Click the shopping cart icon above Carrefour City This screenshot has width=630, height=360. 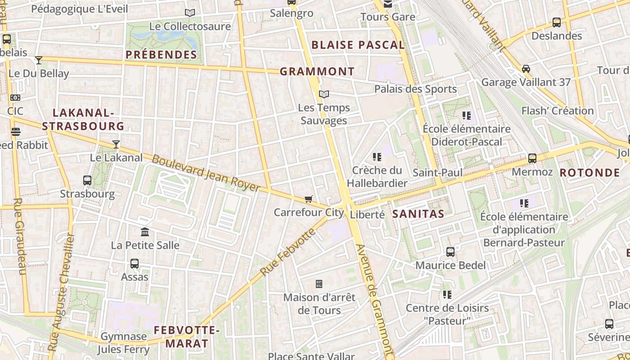[309, 199]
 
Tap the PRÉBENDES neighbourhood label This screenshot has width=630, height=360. [161, 55]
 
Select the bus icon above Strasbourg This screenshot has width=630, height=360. [87, 180]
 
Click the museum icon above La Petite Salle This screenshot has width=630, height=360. [145, 232]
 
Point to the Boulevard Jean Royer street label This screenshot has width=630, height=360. [206, 173]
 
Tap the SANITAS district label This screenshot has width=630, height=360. [418, 214]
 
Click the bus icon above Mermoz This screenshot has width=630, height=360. [532, 158]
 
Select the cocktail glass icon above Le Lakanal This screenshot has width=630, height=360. [116, 144]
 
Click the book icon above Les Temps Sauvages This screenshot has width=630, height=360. [324, 94]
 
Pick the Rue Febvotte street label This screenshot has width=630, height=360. [288, 252]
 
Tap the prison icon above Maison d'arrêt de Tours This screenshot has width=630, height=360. [319, 284]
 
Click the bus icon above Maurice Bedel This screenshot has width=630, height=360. [450, 252]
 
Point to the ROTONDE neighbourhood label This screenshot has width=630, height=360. [589, 173]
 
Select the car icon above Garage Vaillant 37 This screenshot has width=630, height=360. [526, 69]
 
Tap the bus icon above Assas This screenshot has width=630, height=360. [134, 264]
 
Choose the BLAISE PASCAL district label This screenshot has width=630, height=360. [358, 45]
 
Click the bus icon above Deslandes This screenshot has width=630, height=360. [557, 22]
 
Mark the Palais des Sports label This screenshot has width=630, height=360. [415, 89]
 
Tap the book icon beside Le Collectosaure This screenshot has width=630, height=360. [190, 13]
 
